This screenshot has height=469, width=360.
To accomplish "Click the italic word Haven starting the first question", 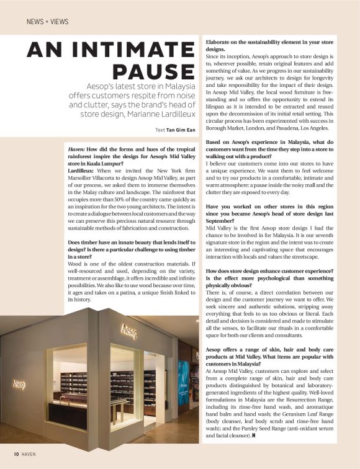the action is pyautogui.click(x=77, y=150).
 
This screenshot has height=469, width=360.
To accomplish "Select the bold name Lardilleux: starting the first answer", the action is pyautogui.click(x=83, y=169).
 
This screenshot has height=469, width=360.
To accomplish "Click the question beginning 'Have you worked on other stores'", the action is pyautogui.click(x=270, y=212).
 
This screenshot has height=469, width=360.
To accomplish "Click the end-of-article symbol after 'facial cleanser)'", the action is pyautogui.click(x=255, y=437).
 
